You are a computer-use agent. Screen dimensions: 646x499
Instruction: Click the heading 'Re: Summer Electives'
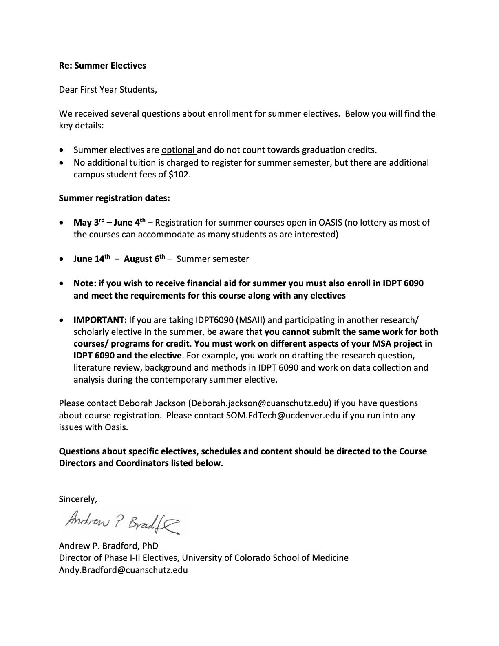point(102,66)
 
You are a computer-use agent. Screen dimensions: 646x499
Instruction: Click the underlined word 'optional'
point(178,150)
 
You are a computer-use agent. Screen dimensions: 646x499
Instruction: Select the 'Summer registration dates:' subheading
point(114,198)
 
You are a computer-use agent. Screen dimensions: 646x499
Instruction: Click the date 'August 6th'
point(144,259)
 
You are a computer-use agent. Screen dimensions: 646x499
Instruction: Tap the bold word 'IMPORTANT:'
point(100,320)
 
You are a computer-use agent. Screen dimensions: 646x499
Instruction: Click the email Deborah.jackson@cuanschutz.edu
point(260,403)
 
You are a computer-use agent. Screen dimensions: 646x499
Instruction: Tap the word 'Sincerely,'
point(78,499)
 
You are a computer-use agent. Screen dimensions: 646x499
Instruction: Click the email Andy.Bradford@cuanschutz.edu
point(123,570)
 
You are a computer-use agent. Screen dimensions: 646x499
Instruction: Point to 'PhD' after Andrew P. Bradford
point(150,546)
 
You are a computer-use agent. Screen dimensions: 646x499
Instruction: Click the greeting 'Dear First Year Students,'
point(108,90)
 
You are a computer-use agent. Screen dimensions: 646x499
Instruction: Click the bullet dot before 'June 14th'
point(61,259)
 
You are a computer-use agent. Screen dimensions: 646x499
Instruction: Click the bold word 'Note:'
point(85,283)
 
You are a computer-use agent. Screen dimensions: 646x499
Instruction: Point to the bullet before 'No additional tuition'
point(61,163)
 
